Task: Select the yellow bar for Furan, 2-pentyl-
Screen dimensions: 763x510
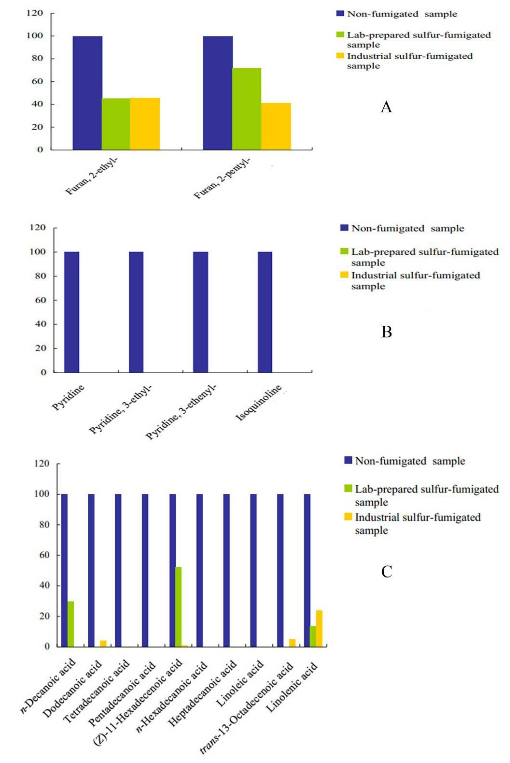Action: [276, 126]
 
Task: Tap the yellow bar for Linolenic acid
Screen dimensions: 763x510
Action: [319, 628]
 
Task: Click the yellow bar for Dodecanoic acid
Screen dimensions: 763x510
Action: [103, 643]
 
